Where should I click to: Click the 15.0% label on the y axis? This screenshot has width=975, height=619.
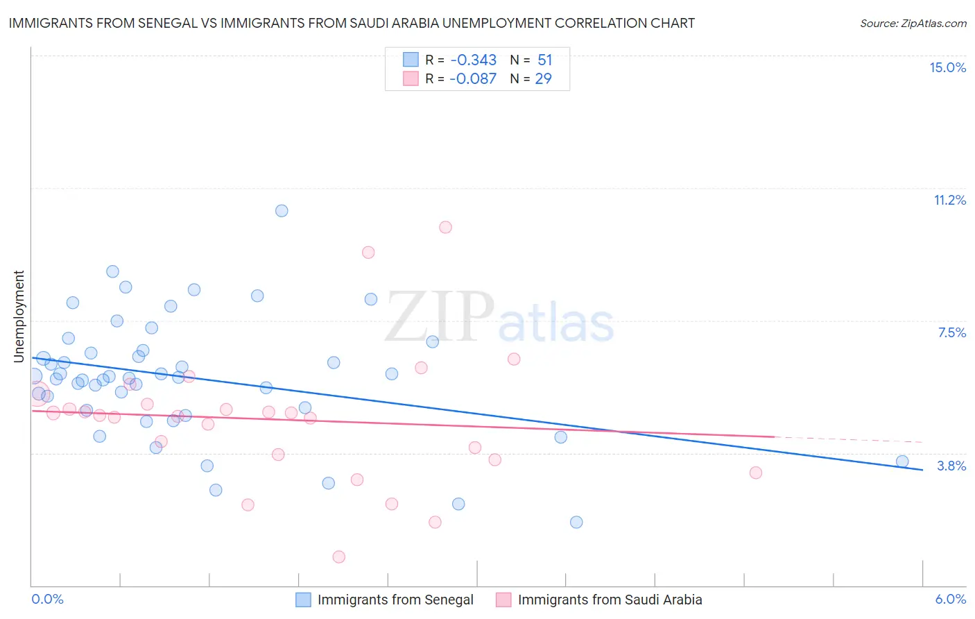[947, 67]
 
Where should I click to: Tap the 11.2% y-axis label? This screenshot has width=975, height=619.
[949, 200]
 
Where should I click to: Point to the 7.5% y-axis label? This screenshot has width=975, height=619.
[951, 332]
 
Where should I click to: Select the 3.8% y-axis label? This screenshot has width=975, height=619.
[951, 466]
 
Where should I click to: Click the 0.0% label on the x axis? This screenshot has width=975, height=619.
[47, 599]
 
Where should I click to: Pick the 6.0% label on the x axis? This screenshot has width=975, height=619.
[950, 599]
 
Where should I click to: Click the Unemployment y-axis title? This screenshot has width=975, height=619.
[19, 316]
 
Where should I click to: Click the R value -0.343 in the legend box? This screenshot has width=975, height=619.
[473, 60]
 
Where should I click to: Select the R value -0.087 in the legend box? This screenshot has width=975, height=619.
[473, 78]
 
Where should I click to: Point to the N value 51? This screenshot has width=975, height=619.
[544, 60]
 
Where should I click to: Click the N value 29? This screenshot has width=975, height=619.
[543, 78]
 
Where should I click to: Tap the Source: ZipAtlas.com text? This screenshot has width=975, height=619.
[913, 24]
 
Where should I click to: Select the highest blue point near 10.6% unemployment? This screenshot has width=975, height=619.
[282, 211]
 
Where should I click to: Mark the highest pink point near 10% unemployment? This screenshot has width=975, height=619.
[445, 228]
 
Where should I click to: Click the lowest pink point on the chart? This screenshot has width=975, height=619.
[339, 557]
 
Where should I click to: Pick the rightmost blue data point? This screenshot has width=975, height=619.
[902, 461]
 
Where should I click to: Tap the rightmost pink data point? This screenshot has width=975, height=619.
[756, 473]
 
